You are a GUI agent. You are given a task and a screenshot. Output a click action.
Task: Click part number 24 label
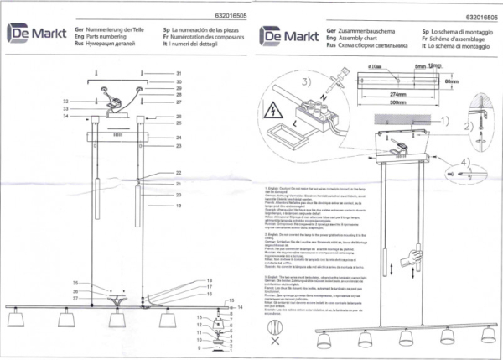coord(179,137)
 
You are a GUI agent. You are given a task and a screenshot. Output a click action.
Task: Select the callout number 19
coord(179,205)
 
